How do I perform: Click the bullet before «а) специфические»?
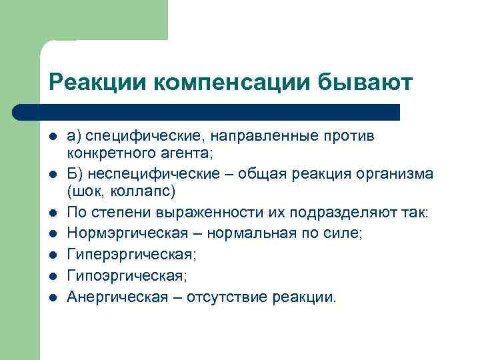pos(53,137)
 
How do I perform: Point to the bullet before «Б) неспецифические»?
pos(53,175)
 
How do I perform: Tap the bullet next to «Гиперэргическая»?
pos(53,255)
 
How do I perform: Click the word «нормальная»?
pos(240,234)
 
